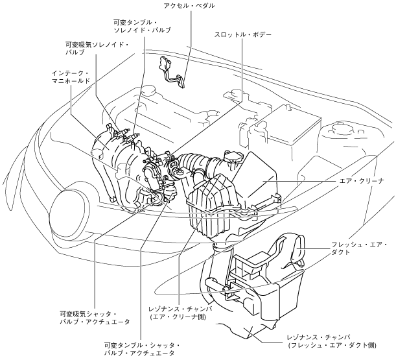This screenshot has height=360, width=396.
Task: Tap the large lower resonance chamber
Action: point(259,298)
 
